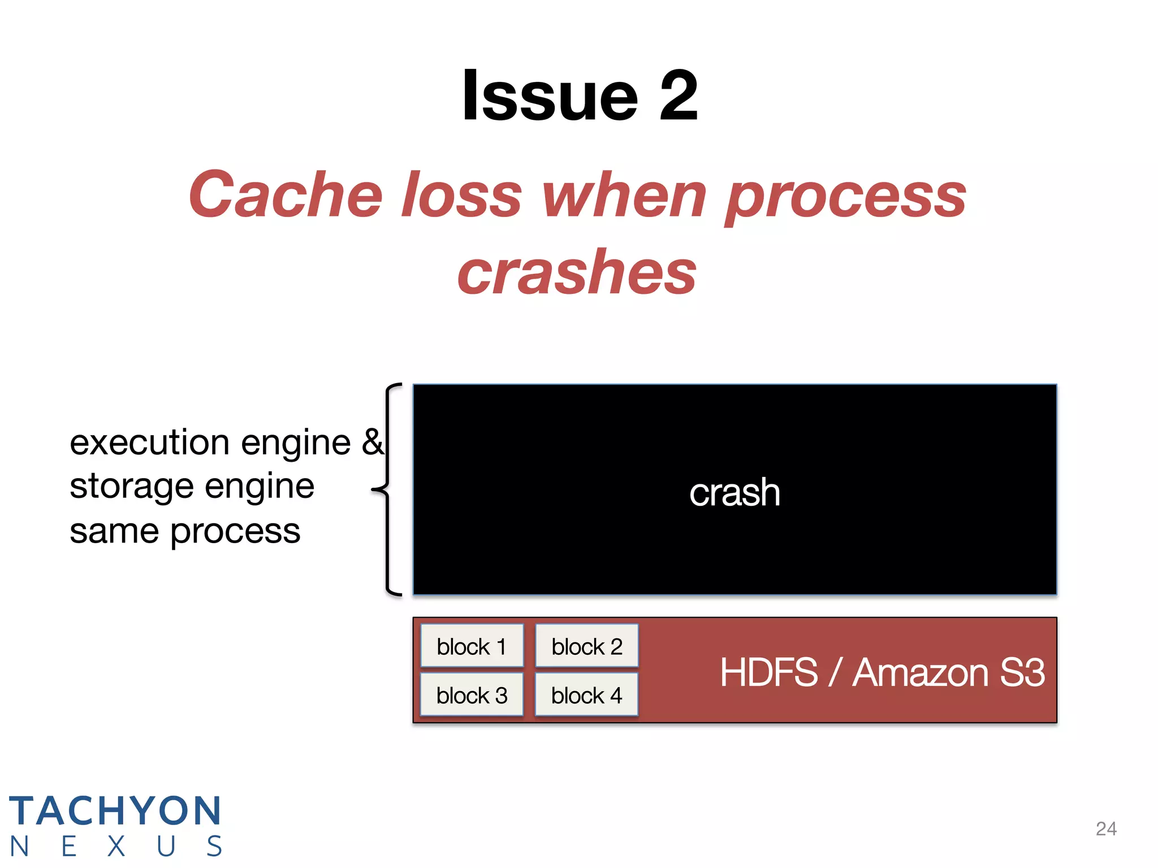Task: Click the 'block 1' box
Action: point(472,646)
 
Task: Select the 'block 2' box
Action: point(586,646)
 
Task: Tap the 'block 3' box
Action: point(472,695)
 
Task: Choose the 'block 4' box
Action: point(586,695)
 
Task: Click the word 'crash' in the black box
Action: point(734,492)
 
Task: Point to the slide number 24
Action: point(1106,828)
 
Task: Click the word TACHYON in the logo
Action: point(115,811)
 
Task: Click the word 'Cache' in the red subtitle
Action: point(286,195)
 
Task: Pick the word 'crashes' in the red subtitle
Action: point(577,273)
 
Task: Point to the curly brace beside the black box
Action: point(387,489)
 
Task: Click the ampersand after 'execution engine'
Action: point(373,442)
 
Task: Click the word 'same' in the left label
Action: point(114,531)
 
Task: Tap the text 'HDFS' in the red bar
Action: point(768,672)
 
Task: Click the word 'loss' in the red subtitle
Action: point(461,195)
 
